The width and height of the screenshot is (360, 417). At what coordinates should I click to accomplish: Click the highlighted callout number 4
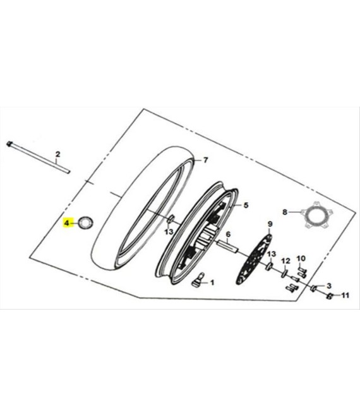[x=66, y=222]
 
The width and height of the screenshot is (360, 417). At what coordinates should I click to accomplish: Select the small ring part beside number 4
[x=85, y=222]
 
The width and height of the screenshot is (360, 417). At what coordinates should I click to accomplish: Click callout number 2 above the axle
[x=57, y=154]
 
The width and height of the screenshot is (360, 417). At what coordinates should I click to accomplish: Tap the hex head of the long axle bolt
[x=9, y=144]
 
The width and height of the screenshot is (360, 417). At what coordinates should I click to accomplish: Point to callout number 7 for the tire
[x=205, y=160]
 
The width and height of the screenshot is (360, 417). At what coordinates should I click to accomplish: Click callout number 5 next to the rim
[x=246, y=205]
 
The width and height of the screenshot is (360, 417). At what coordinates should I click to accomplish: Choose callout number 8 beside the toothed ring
[x=285, y=212]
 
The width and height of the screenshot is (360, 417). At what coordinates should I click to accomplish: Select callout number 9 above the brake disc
[x=270, y=224]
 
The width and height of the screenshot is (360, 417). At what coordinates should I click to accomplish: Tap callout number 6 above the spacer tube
[x=228, y=234]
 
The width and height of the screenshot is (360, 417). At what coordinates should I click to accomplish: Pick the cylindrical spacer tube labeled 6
[x=228, y=246]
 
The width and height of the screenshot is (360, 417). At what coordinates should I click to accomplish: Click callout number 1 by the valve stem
[x=212, y=282]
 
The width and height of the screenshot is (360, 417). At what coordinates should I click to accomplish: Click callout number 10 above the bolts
[x=301, y=258]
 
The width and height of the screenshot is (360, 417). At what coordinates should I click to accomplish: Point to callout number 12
[x=285, y=261]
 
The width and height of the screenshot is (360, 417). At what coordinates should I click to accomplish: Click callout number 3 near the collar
[x=329, y=286]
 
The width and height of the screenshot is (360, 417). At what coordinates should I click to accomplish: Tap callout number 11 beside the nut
[x=345, y=295]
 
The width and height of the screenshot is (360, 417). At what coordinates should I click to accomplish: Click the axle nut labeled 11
[x=330, y=296]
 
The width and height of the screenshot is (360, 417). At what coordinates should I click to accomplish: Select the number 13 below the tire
[x=169, y=232]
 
